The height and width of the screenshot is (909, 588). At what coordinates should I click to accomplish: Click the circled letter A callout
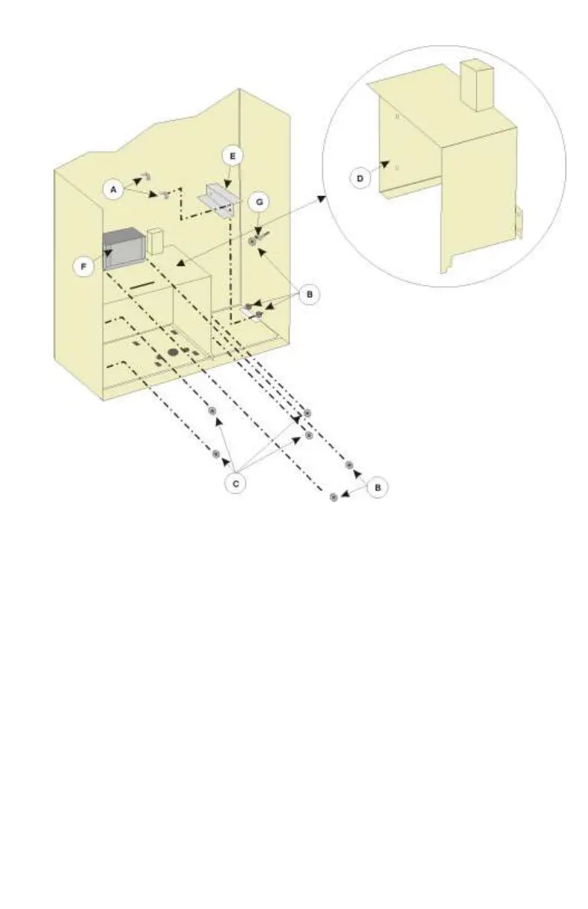click(114, 190)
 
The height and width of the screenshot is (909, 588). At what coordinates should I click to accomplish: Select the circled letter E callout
click(232, 157)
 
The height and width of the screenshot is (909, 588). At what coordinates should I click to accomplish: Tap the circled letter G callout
click(260, 201)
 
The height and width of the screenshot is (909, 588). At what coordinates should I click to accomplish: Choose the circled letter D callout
click(360, 178)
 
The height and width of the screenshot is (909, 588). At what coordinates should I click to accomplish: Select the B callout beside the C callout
click(378, 488)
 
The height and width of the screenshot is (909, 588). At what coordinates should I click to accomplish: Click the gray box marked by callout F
click(122, 247)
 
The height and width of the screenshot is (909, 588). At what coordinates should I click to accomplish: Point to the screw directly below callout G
click(253, 241)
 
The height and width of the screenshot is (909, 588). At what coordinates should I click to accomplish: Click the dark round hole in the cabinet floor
click(172, 351)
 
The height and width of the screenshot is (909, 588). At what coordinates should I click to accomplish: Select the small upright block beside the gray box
click(155, 240)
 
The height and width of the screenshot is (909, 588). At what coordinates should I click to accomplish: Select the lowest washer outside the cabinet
click(333, 497)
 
